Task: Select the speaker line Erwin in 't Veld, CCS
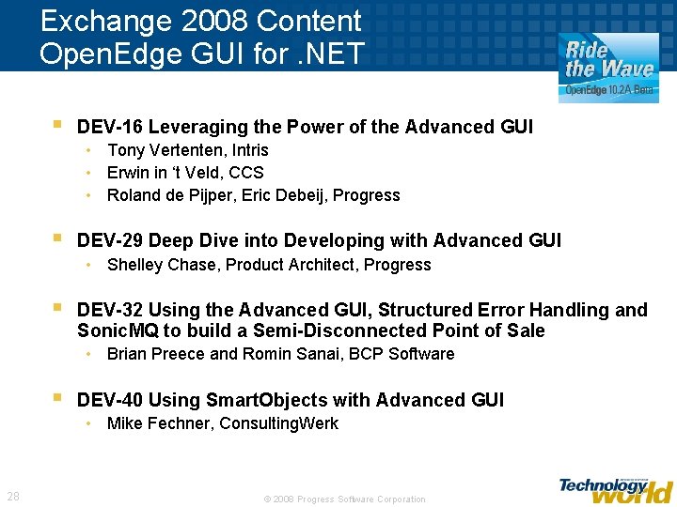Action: (x=185, y=173)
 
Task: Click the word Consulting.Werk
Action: (x=279, y=423)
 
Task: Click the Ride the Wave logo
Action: (x=608, y=68)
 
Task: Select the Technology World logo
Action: (x=615, y=489)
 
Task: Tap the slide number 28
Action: (x=13, y=496)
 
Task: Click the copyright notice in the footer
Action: (x=344, y=499)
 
